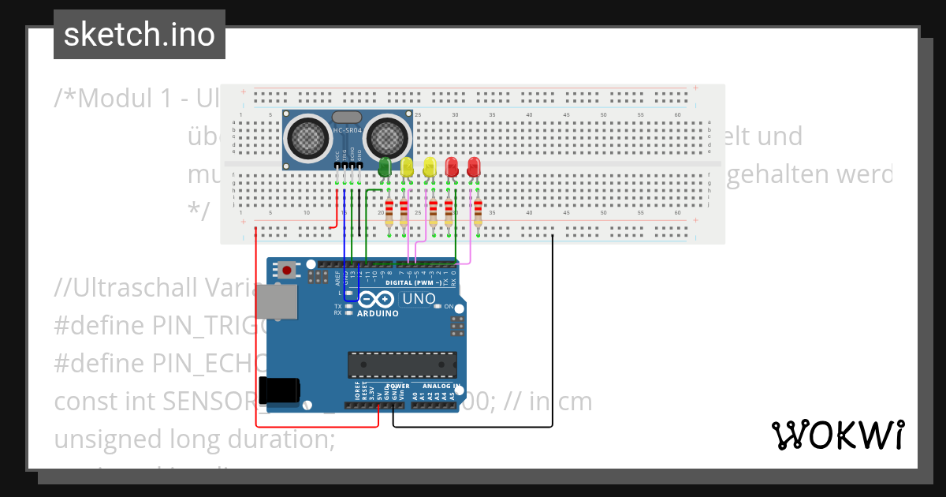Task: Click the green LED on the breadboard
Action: (385, 167)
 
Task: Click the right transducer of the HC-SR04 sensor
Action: (386, 136)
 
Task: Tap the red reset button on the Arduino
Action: (287, 271)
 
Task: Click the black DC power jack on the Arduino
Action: (280, 389)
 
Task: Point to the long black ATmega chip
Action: (402, 364)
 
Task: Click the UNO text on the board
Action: (419, 299)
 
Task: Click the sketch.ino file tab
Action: (140, 35)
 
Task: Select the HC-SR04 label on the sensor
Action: (348, 130)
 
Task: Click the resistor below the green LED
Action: (389, 212)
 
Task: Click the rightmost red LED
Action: (474, 167)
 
